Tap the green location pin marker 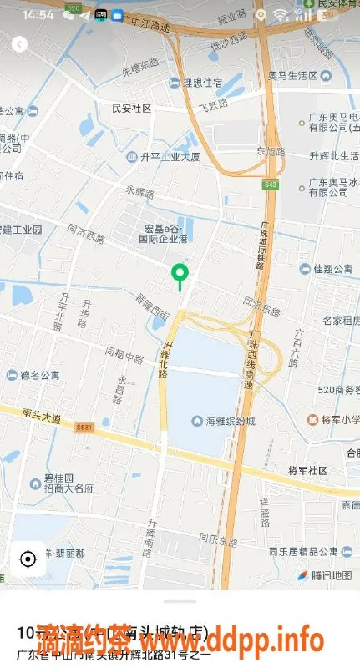[179, 273]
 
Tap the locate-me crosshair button [28, 559]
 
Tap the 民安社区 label [131, 109]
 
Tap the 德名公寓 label [40, 375]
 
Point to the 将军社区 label [307, 470]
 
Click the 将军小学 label [333, 419]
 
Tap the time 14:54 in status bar [38, 15]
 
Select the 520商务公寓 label [337, 389]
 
